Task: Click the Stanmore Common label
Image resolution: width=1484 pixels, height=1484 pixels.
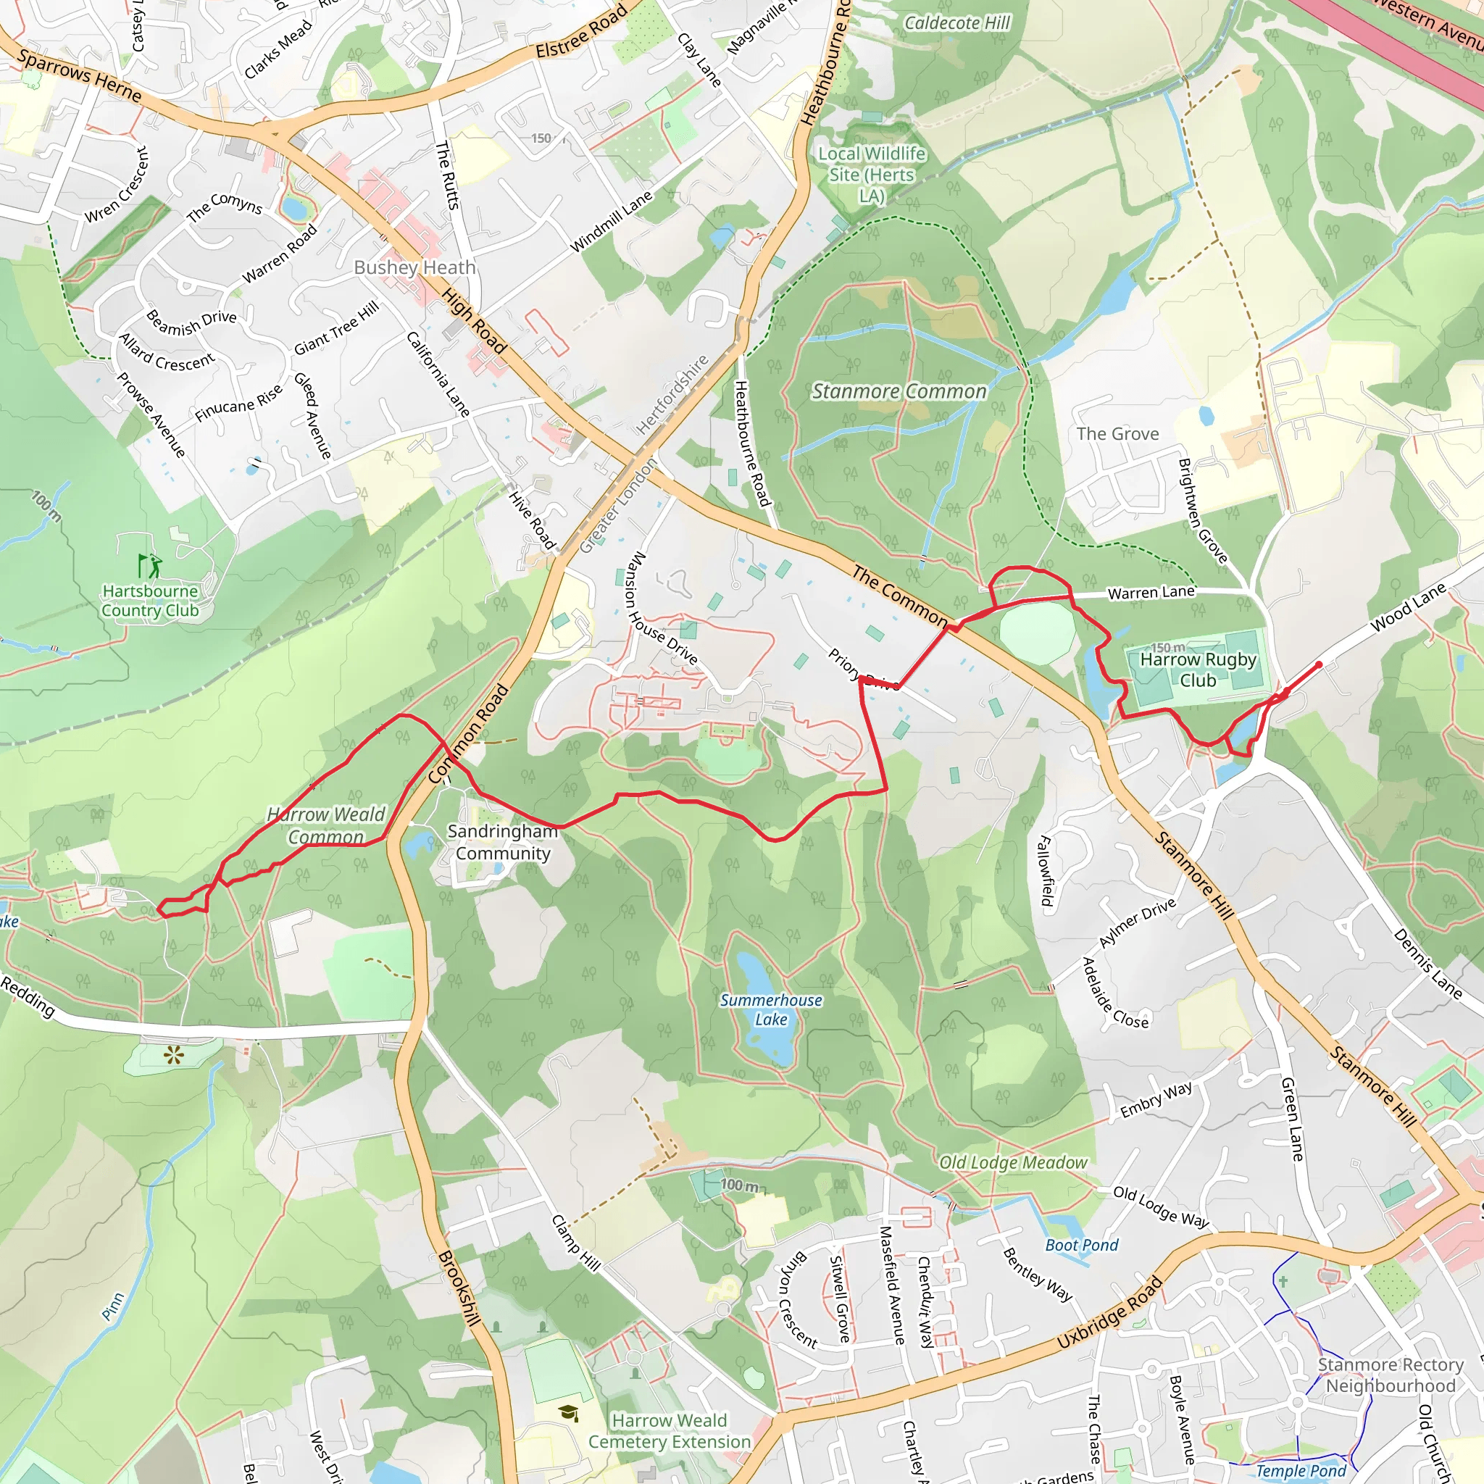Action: click(899, 392)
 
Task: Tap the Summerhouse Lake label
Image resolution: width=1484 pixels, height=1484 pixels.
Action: click(770, 1009)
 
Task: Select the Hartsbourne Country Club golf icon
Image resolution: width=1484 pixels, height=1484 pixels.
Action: click(151, 566)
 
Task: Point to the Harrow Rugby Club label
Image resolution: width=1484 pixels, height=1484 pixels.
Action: click(1198, 670)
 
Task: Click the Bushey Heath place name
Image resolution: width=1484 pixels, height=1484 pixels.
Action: click(414, 267)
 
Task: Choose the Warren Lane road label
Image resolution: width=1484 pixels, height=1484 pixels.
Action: click(1151, 592)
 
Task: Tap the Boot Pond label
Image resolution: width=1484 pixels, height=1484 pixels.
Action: click(1082, 1245)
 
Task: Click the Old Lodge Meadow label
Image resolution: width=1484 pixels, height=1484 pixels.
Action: click(1013, 1163)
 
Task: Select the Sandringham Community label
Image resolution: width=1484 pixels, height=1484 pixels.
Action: click(502, 842)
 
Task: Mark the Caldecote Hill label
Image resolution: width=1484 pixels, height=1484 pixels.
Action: click(957, 23)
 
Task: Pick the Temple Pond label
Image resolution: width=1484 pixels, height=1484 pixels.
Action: click(1301, 1471)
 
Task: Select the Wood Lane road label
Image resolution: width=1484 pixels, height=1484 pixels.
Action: click(1408, 606)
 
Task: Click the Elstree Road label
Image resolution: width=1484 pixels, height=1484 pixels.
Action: click(581, 31)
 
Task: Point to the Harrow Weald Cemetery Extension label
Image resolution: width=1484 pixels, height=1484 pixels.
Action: click(669, 1431)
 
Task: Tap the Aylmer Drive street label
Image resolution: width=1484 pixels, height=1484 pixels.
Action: click(1137, 922)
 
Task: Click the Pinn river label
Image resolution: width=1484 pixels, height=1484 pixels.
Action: click(113, 1306)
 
